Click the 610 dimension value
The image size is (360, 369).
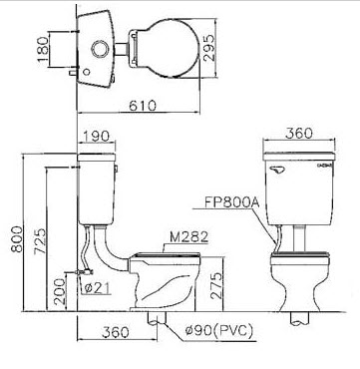143,106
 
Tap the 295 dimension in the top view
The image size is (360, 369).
209,47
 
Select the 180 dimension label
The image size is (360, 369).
43,49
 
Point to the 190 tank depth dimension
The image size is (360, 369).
96,136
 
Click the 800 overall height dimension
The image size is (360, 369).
17,239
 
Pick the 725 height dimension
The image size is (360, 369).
40,241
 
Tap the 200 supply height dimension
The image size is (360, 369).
60,291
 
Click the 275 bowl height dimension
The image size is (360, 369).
216,286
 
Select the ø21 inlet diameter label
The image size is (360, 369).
97,288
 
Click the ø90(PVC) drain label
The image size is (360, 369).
219,331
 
